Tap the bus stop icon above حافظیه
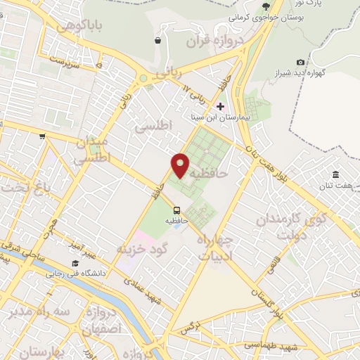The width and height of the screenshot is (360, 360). (x=176, y=210)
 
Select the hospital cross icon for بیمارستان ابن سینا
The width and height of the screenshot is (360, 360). (x=221, y=106)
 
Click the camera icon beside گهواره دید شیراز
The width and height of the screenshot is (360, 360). (x=301, y=63)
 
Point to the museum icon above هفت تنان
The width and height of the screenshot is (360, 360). (x=335, y=174)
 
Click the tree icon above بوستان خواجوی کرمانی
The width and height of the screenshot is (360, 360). (x=266, y=6)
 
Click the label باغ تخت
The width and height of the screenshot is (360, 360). (x=18, y=187)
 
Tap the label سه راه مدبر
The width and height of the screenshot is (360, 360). (x=31, y=313)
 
